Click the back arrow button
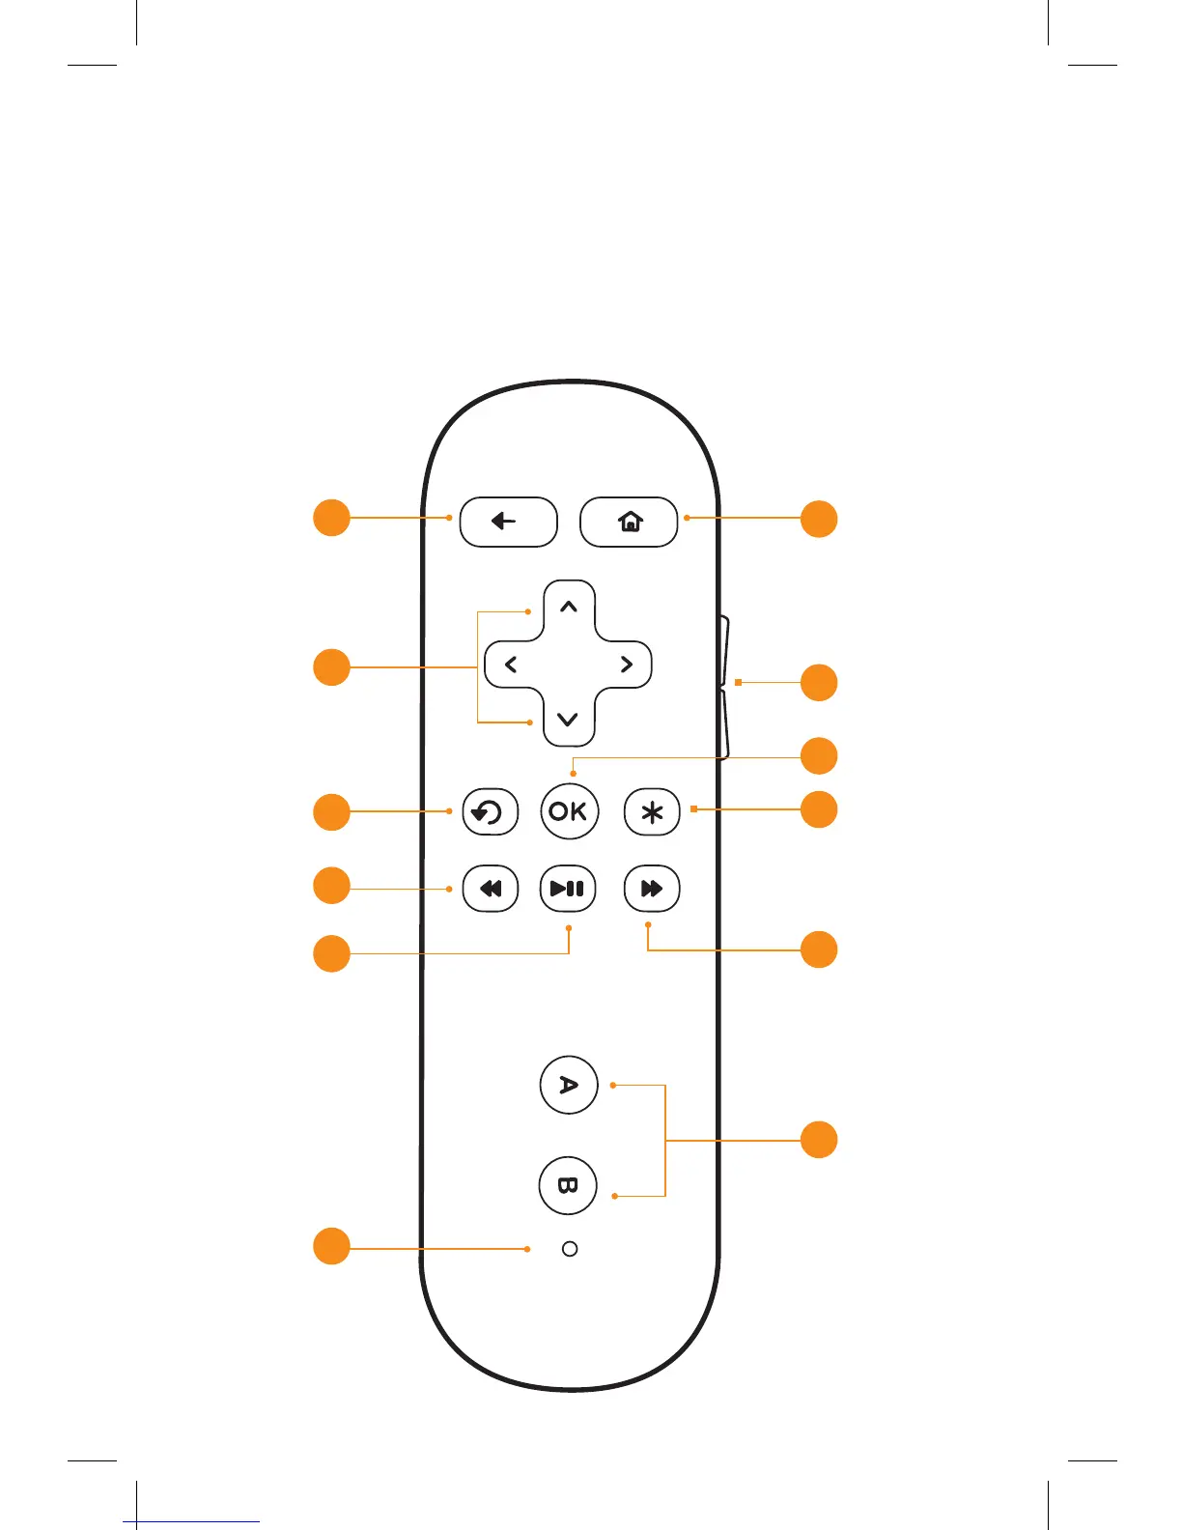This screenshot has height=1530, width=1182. tap(508, 522)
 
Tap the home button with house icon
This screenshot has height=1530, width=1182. tap(629, 522)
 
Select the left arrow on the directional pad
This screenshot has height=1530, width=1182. tap(511, 665)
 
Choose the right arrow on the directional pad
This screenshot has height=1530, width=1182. tap(627, 665)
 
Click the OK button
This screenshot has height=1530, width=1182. tap(569, 811)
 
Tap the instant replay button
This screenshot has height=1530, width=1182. tap(490, 812)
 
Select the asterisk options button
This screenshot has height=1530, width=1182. tap(652, 812)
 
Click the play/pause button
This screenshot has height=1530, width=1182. tap(568, 889)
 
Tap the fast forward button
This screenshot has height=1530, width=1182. tap(652, 889)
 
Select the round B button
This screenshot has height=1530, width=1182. tap(568, 1185)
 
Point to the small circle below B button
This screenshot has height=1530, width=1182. tap(570, 1249)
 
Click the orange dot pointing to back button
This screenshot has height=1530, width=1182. tap(449, 518)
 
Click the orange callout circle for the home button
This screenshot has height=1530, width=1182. tap(819, 519)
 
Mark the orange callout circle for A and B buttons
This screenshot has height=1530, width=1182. tap(819, 1140)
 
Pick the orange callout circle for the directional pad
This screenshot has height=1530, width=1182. tap(331, 667)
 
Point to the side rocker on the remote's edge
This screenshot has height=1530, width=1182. tap(724, 686)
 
